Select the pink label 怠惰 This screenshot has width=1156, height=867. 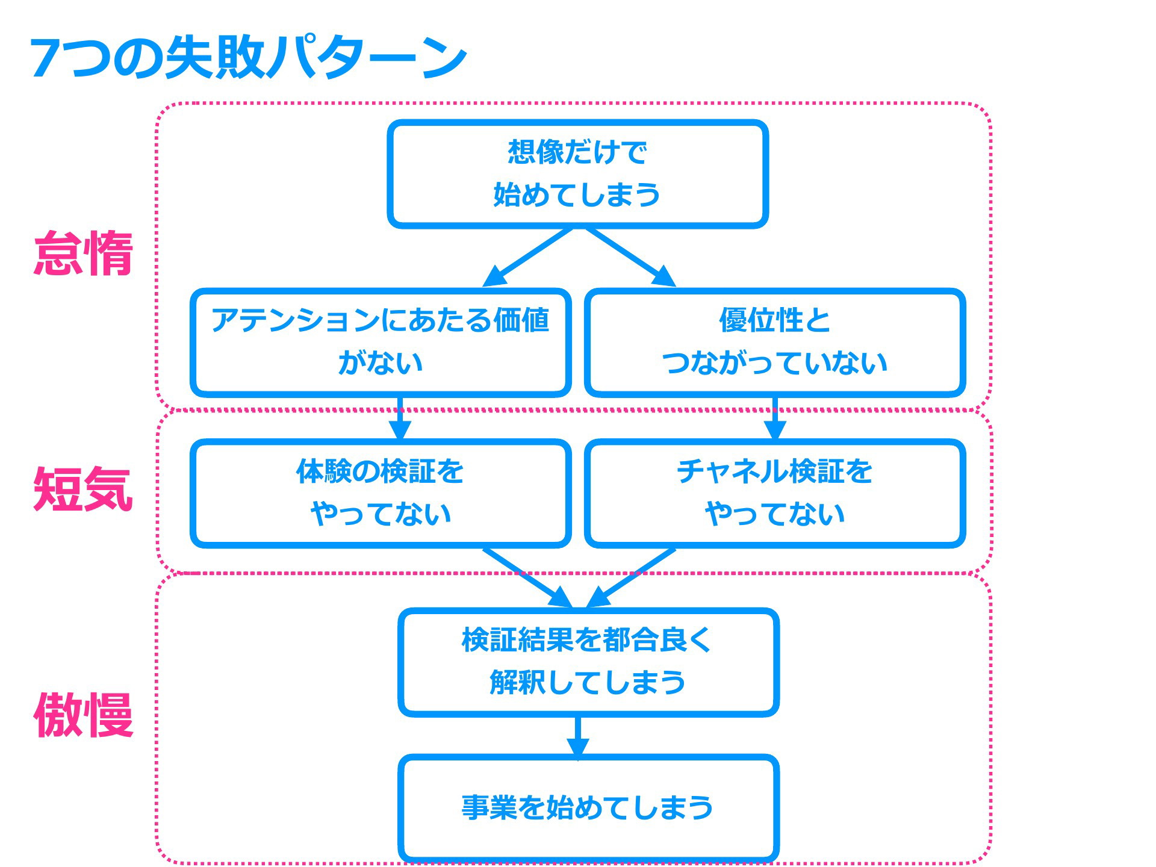coord(83,253)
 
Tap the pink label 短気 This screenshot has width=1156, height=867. coord(83,489)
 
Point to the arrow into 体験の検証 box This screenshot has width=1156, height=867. coord(400,418)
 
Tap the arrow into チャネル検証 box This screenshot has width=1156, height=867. coord(775,418)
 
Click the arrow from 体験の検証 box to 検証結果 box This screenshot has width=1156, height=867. coord(528,577)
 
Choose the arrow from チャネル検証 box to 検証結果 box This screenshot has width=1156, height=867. coord(630,577)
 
